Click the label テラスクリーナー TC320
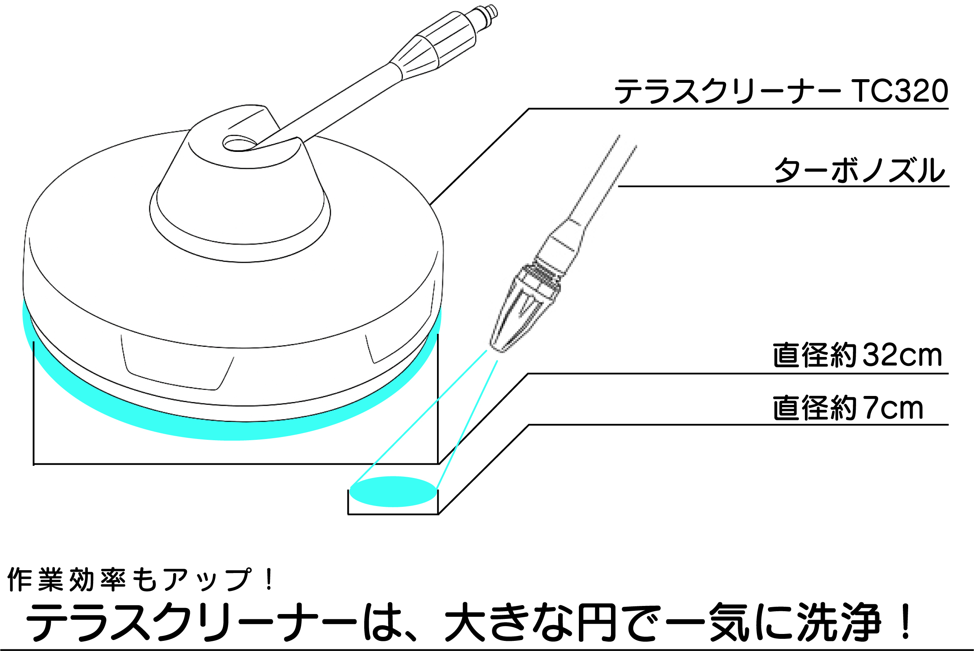pyautogui.click(x=781, y=91)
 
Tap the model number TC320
pyautogui.click(x=900, y=91)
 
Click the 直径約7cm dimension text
pyautogui.click(x=848, y=409)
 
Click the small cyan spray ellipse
pyautogui.click(x=393, y=491)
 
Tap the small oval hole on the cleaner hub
pyautogui.click(x=240, y=143)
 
